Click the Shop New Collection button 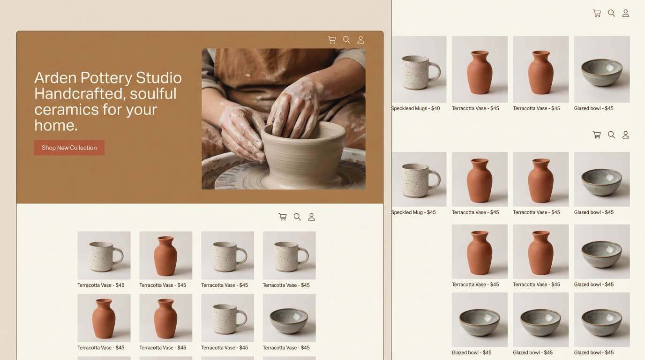[69, 148]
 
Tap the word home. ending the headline [56, 125]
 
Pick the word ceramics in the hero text [62, 109]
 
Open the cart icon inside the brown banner [332, 40]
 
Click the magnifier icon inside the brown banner [346, 40]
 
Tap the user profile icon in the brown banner [361, 40]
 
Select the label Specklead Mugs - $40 [416, 108]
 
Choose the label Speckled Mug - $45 [413, 212]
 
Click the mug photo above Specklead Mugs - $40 [419, 69]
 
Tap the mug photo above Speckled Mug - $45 [419, 179]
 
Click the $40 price [435, 108]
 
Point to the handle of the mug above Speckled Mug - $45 [435, 178]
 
